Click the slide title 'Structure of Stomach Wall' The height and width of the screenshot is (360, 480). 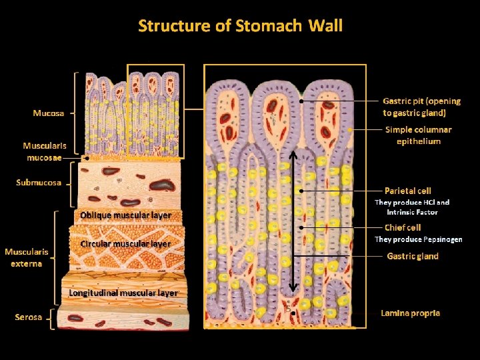pyautogui.click(x=240, y=26)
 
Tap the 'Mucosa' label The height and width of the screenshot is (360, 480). pyautogui.click(x=49, y=113)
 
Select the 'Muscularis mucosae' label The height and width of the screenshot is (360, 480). pyautogui.click(x=43, y=151)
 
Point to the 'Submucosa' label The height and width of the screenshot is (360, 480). pyautogui.click(x=39, y=183)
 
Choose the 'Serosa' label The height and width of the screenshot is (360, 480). pyautogui.click(x=28, y=317)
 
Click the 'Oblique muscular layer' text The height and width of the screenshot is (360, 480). pyautogui.click(x=125, y=215)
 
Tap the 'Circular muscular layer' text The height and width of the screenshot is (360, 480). pyautogui.click(x=125, y=244)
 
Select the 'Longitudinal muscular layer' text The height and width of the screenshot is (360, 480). pyautogui.click(x=124, y=293)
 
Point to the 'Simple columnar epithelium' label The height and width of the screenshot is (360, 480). pyautogui.click(x=419, y=135)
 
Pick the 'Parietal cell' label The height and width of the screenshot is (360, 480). pyautogui.click(x=408, y=191)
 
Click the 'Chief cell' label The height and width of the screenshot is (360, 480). pyautogui.click(x=403, y=228)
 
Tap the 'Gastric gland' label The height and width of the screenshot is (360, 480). pyautogui.click(x=413, y=257)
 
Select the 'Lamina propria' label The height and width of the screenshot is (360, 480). pyautogui.click(x=410, y=313)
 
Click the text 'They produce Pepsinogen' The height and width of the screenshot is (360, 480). pyautogui.click(x=418, y=239)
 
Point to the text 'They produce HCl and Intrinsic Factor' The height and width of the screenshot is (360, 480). pyautogui.click(x=412, y=207)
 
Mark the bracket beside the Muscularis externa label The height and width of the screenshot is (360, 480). pyautogui.click(x=55, y=257)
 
